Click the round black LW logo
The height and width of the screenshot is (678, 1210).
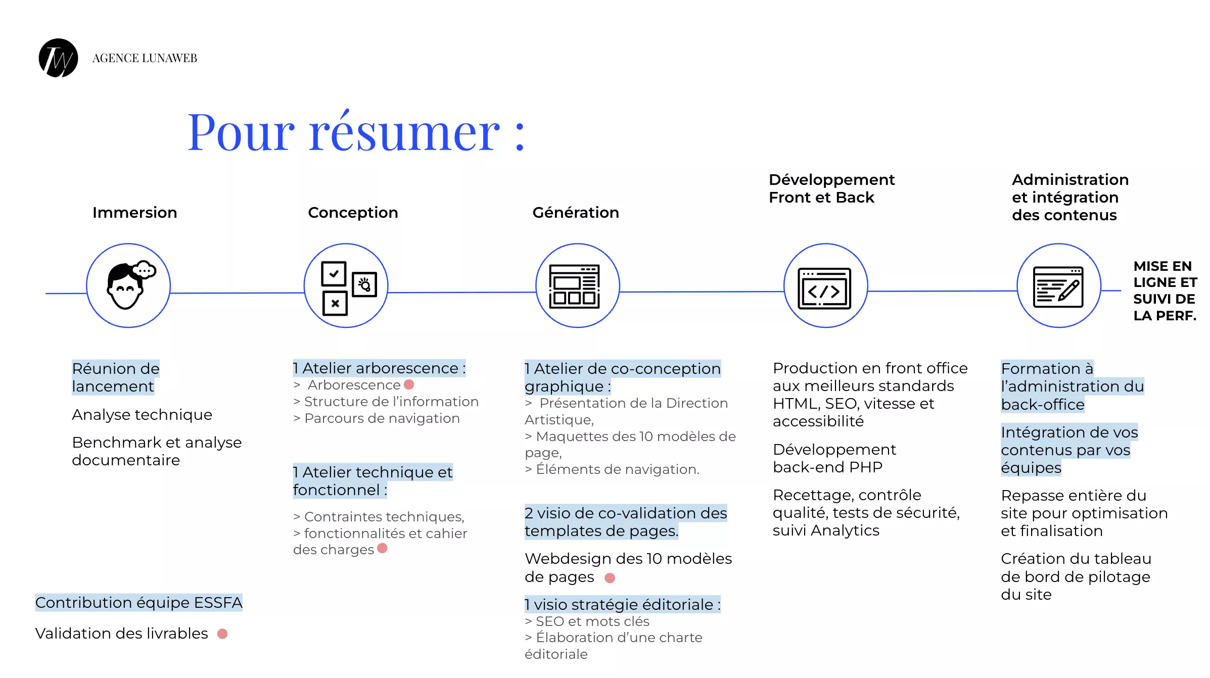[59, 58]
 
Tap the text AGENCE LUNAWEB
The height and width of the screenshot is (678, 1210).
[145, 58]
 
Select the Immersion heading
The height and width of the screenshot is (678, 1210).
[134, 213]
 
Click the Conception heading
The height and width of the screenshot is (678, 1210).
[353, 213]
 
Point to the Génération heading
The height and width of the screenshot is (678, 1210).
[576, 213]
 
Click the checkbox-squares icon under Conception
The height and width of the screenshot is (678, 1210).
[349, 288]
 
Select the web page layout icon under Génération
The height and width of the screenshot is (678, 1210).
[575, 286]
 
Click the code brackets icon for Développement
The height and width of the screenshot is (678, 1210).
[824, 288]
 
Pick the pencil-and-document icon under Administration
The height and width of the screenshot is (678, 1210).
[1058, 287]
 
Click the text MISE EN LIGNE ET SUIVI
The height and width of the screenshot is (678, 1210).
[1165, 282]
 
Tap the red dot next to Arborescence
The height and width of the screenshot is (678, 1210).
[409, 384]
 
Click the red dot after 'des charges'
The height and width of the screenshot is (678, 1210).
[382, 548]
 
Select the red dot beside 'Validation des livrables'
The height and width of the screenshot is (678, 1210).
[222, 634]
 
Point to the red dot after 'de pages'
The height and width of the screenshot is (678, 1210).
[610, 578]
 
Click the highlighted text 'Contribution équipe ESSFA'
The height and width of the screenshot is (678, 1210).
[139, 603]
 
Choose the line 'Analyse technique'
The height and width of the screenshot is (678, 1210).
[142, 415]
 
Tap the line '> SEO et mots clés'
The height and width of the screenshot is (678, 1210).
[587, 621]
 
